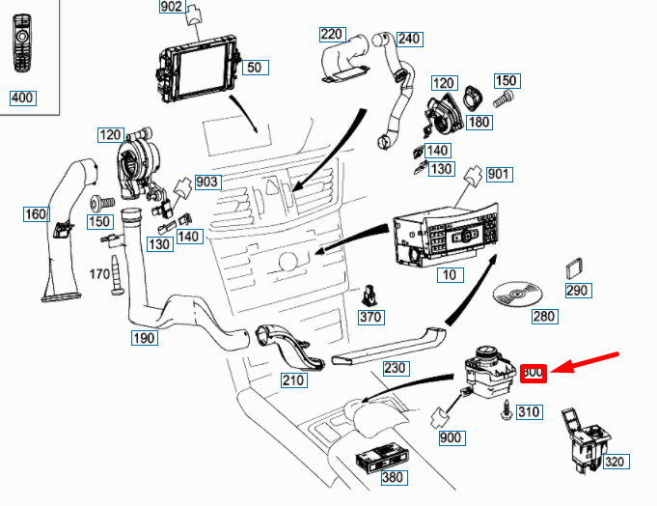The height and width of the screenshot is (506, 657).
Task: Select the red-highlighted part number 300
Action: (534, 372)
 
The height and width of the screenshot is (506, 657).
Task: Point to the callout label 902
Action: (171, 7)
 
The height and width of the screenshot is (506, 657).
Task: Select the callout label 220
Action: (331, 35)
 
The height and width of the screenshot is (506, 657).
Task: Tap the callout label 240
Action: (409, 39)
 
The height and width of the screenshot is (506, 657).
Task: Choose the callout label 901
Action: (499, 174)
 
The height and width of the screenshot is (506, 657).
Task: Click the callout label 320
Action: (615, 462)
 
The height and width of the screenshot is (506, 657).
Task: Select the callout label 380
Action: (393, 477)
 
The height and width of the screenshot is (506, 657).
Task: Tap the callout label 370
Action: (370, 317)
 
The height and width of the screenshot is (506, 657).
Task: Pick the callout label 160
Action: (36, 213)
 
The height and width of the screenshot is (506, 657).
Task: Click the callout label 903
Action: (207, 182)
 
